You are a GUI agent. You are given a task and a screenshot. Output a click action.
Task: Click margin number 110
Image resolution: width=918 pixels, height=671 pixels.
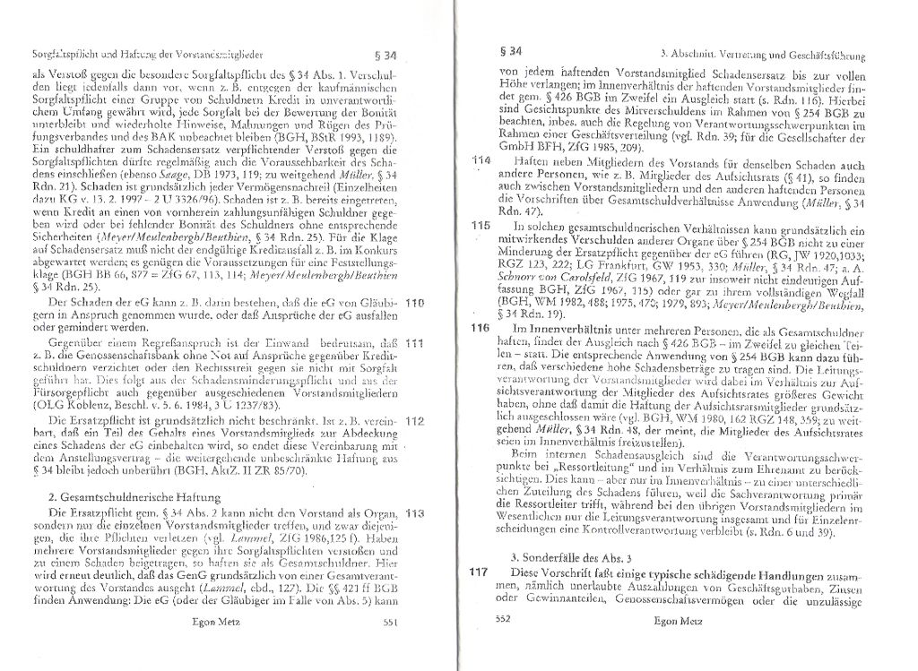(413, 304)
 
